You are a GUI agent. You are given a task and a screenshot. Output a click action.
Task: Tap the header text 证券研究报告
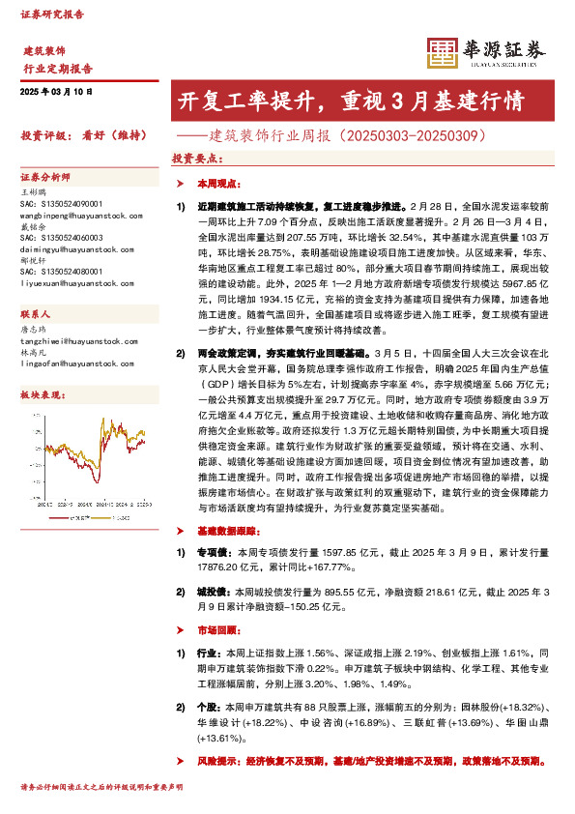52,15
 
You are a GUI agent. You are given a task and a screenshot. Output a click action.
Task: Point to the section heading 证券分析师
45,179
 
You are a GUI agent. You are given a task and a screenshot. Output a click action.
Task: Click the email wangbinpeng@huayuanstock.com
77,213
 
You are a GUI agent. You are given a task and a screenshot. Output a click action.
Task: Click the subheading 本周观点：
215,183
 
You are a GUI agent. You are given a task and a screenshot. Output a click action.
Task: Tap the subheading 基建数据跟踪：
227,532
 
